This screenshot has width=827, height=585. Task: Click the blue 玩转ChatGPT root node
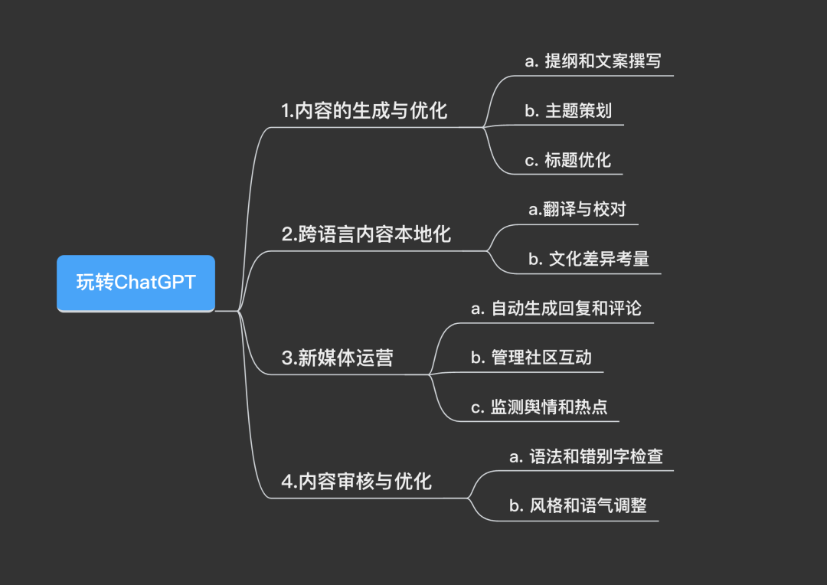click(x=136, y=283)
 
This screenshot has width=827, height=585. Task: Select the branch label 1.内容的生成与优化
click(x=364, y=111)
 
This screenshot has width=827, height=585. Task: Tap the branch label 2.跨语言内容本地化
click(x=366, y=234)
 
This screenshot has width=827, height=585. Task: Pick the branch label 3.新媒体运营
click(x=337, y=358)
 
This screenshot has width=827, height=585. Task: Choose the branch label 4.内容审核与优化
click(x=356, y=482)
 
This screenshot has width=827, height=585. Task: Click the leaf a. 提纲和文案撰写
click(x=593, y=61)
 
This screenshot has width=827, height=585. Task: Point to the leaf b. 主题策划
click(x=568, y=110)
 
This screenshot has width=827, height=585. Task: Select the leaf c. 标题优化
click(x=567, y=159)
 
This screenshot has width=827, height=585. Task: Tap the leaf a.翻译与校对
click(x=577, y=209)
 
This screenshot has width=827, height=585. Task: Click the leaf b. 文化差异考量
click(x=588, y=259)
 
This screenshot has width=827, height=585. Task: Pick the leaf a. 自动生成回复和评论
click(x=556, y=308)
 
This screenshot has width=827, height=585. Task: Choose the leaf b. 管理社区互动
click(x=531, y=358)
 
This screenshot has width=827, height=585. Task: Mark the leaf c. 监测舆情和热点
click(x=539, y=407)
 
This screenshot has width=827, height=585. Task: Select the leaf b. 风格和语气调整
click(x=578, y=506)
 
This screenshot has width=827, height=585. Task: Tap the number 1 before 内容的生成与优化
click(x=286, y=112)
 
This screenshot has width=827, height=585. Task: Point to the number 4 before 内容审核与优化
click(x=286, y=482)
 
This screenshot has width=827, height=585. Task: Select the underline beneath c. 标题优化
click(x=567, y=174)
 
